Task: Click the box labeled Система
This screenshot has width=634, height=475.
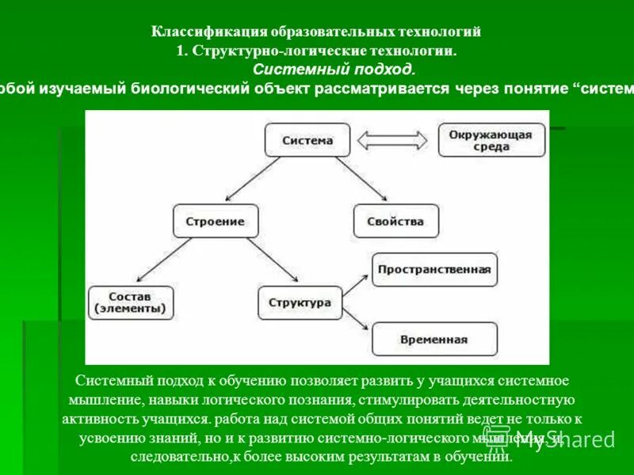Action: (x=307, y=140)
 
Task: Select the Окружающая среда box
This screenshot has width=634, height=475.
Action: (x=489, y=140)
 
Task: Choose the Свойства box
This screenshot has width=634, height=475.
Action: (x=395, y=221)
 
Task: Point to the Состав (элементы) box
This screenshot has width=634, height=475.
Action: (x=132, y=302)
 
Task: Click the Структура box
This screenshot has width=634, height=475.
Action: (x=300, y=302)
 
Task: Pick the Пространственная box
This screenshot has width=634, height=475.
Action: (x=434, y=269)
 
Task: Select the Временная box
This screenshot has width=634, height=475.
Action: (x=434, y=339)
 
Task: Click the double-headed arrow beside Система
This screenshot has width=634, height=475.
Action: (x=384, y=141)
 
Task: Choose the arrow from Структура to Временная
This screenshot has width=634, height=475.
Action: (x=352, y=320)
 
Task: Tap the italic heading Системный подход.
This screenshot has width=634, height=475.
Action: (x=334, y=70)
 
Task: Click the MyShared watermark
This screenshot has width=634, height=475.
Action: (x=565, y=439)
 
